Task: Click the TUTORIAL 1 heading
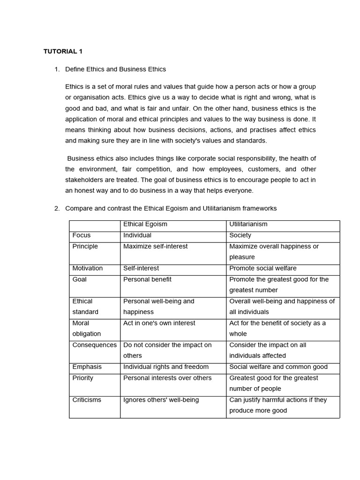(x=63, y=52)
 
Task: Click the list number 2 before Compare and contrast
(x=57, y=209)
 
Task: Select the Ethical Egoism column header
(x=145, y=225)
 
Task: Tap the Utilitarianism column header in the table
(x=248, y=225)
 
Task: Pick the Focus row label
(x=82, y=235)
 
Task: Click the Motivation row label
(x=88, y=269)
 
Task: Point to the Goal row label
(x=80, y=279)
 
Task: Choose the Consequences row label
(x=94, y=345)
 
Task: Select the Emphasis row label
(x=87, y=367)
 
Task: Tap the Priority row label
(x=83, y=378)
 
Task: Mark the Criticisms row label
(x=87, y=400)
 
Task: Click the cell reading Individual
(x=137, y=235)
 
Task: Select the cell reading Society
(x=240, y=235)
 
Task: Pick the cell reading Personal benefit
(x=147, y=279)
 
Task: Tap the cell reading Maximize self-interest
(x=155, y=247)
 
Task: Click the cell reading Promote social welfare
(x=262, y=269)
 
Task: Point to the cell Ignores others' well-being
(x=161, y=400)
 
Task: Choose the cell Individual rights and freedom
(x=166, y=367)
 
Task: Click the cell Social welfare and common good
(x=278, y=367)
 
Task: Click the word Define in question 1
(x=75, y=69)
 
